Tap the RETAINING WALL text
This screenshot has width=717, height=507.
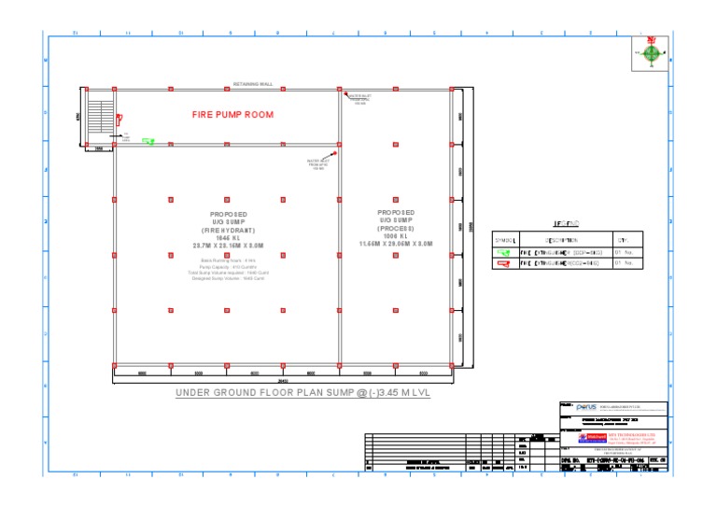point(252,84)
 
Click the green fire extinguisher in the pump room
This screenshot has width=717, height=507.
point(148,142)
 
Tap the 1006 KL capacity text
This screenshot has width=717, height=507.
point(395,235)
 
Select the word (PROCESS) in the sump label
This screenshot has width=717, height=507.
point(395,228)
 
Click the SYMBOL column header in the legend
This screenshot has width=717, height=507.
point(505,241)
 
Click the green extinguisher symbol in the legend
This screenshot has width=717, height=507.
point(505,252)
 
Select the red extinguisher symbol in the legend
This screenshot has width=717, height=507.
point(505,264)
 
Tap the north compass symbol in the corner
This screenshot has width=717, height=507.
point(653,53)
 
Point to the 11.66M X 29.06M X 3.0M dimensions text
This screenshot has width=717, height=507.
point(395,243)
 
